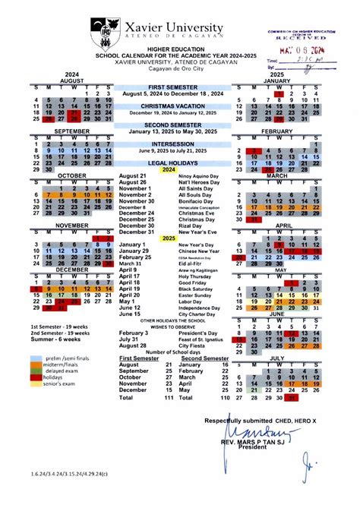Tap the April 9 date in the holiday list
tap(128, 270)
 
